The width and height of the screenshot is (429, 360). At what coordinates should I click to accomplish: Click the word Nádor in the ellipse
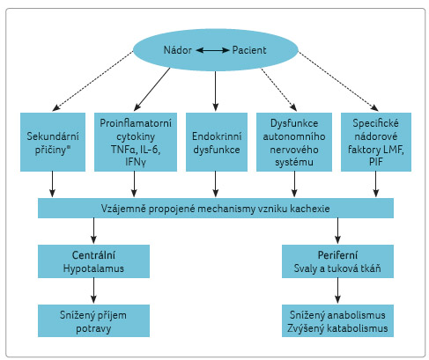pos(178,50)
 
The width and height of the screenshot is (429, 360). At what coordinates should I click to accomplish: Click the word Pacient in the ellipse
pos(249,50)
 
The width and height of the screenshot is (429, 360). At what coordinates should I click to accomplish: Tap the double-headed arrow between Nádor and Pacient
pos(212,50)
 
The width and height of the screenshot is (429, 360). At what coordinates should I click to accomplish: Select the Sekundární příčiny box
pos(53,142)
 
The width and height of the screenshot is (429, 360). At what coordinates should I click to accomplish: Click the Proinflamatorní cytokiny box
pos(136,142)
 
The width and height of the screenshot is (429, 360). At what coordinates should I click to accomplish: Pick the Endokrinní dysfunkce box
pos(217,142)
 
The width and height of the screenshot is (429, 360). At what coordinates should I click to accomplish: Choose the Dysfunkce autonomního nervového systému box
pos(294,142)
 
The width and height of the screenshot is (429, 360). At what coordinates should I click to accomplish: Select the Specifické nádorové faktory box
pos(376,142)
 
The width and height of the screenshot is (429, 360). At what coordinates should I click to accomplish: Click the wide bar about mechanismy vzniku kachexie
pos(216,208)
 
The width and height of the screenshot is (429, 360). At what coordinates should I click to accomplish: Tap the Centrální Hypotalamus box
pos(93,261)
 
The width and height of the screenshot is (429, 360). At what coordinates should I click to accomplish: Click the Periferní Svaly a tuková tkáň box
pos(337,261)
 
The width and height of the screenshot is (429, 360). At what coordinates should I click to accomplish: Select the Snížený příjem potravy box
pos(93,320)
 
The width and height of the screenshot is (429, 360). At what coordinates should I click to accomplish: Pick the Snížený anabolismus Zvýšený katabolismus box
pos(337,320)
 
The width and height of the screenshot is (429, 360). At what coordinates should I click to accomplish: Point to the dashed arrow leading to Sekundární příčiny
pos(92,81)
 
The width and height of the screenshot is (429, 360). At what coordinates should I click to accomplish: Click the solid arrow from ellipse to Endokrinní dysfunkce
pos(216,91)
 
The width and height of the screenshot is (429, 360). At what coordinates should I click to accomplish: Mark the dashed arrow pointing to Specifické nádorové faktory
pos(338,81)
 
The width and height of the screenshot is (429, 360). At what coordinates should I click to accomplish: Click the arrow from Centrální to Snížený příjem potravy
pos(93,290)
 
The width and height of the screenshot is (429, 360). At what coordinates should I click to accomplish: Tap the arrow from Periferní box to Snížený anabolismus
pos(337,290)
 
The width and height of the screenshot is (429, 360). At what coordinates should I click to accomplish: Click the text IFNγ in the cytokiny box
pos(136,162)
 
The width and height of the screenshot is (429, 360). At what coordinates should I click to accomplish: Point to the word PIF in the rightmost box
pos(376,161)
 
